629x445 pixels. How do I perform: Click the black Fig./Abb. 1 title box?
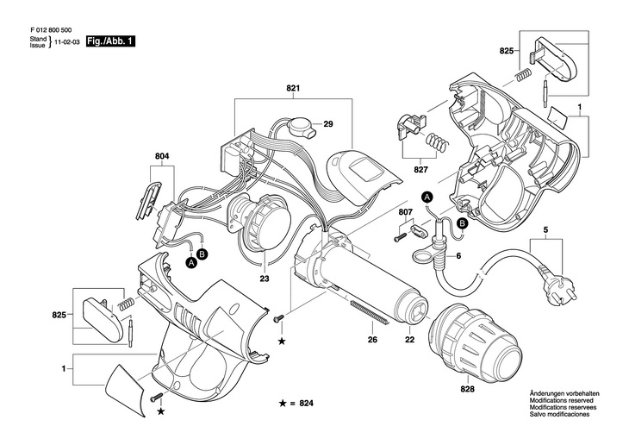pyautogui.click(x=110, y=41)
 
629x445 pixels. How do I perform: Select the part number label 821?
pyautogui.click(x=293, y=88)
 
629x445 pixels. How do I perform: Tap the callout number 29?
pyautogui.click(x=328, y=124)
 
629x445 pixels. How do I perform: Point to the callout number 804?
pyautogui.click(x=162, y=156)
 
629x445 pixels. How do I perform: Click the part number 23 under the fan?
pyautogui.click(x=265, y=279)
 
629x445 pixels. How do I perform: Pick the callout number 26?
pyautogui.click(x=373, y=340)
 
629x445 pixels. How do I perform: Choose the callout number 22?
pyautogui.click(x=409, y=340)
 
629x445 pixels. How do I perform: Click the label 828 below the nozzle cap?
pyautogui.click(x=468, y=389)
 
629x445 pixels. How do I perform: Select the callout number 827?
pyautogui.click(x=420, y=170)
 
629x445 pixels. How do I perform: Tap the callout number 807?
pyautogui.click(x=406, y=212)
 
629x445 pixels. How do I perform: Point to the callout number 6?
pyautogui.click(x=459, y=255)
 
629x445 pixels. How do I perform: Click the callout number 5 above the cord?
pyautogui.click(x=545, y=230)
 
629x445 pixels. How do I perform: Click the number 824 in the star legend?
pyautogui.click(x=306, y=403)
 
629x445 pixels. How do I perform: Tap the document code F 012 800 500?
pyautogui.click(x=51, y=29)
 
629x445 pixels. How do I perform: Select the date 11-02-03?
pyautogui.click(x=67, y=41)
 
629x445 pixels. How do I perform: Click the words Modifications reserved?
pyautogui.click(x=562, y=401)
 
